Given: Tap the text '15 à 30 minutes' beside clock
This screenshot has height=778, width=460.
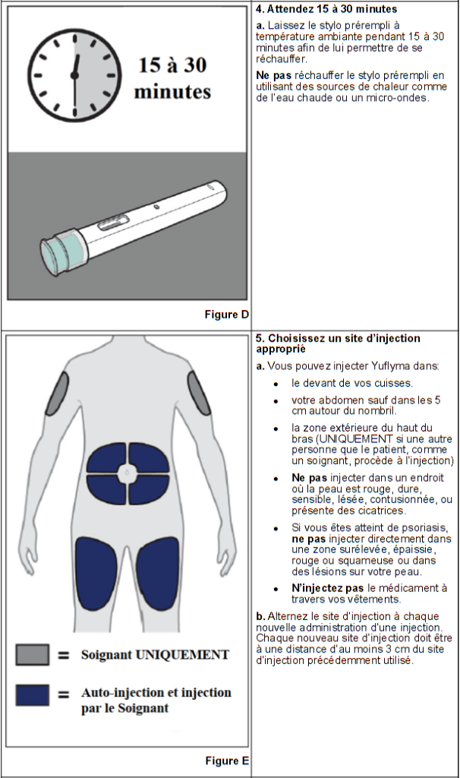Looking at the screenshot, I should (172, 79).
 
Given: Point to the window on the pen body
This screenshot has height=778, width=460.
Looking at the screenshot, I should (112, 223).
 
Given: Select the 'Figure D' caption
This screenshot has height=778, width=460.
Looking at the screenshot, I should (227, 315).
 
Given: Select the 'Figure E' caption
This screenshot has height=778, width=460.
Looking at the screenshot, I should (227, 761).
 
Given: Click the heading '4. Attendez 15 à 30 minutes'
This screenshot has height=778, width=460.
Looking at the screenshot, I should (326, 9).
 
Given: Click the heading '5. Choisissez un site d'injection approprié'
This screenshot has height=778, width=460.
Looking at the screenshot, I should (338, 343).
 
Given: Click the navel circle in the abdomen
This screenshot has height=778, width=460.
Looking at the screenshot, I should (128, 474).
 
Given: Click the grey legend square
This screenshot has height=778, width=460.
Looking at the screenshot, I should (33, 654).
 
